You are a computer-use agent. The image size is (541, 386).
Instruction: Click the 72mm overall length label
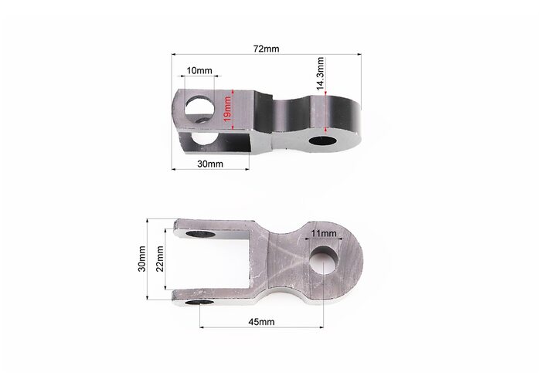266,49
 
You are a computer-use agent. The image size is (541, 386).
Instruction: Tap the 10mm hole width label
199,71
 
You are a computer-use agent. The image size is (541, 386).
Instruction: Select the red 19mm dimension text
227,110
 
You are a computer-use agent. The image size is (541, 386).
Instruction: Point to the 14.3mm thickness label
320,74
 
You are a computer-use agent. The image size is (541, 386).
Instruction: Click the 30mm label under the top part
210,164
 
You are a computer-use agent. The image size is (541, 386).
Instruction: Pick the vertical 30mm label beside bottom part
141,259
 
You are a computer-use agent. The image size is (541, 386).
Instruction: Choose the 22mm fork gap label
160,259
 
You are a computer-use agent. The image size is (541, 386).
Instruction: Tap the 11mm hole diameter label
323,233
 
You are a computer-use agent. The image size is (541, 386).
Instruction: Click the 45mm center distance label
261,322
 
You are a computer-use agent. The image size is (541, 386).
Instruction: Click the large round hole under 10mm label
199,105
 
